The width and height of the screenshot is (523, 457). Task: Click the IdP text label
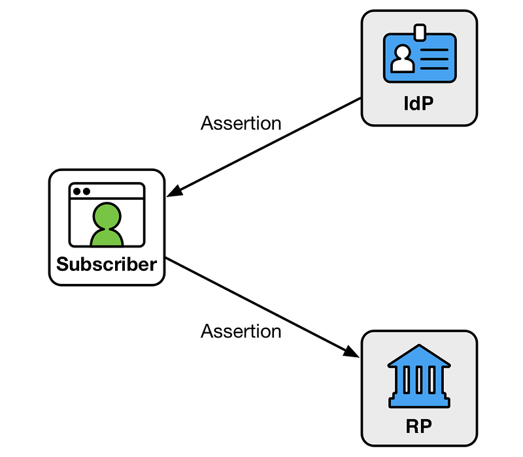tap(418, 103)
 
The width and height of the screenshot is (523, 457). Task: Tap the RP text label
tap(419, 426)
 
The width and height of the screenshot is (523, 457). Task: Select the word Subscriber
tap(107, 264)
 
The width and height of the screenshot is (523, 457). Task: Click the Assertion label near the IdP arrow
tap(241, 123)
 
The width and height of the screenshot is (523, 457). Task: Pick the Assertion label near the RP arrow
tap(241, 332)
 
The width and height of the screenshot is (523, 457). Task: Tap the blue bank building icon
tap(419, 376)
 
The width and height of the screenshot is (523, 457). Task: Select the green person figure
tap(107, 224)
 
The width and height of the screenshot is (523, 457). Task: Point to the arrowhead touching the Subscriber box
tap(175, 191)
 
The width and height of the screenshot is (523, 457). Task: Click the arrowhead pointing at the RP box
tap(351, 352)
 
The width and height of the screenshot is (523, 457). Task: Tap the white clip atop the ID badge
tap(420, 32)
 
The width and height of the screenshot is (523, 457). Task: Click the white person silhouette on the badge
tap(403, 59)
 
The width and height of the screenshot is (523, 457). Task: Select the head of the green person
tap(107, 215)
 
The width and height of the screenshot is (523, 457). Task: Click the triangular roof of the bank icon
tap(419, 356)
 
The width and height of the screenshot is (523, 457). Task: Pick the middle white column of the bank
tap(419, 380)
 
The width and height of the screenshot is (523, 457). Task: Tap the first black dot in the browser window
tap(77, 191)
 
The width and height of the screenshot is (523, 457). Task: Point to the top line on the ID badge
tap(434, 50)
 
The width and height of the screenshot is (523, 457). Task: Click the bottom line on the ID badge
tap(434, 69)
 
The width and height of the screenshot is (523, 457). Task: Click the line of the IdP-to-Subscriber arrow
tap(264, 148)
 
